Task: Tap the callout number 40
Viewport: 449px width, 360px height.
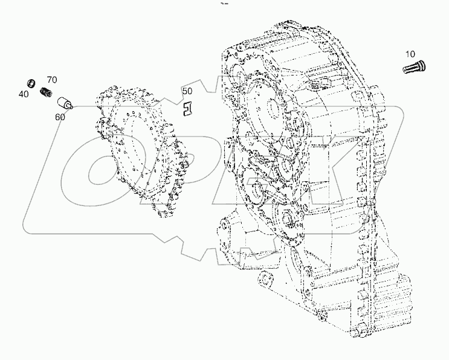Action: [23, 94]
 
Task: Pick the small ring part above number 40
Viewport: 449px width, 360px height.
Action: [28, 82]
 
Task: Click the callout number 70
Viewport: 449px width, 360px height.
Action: [51, 80]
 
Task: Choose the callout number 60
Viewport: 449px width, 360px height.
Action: [60, 117]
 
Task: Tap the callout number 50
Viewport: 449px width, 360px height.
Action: [187, 91]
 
